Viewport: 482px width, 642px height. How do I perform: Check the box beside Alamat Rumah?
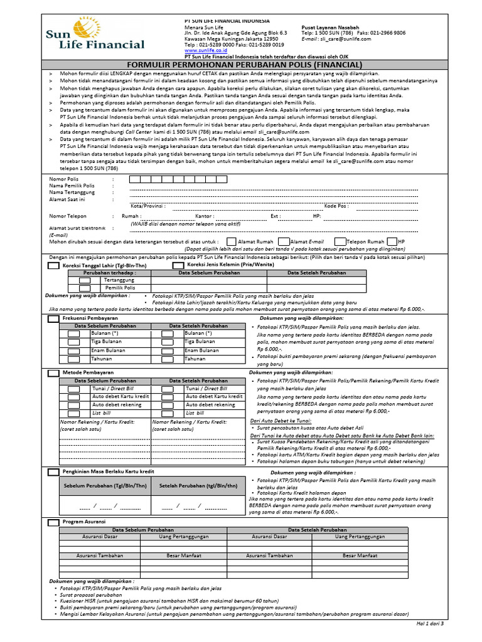[232, 241]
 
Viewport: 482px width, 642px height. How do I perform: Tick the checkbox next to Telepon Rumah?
[340, 241]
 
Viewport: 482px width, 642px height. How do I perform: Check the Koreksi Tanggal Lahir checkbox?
[54, 266]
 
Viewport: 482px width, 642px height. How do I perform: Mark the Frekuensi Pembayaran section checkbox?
[54, 319]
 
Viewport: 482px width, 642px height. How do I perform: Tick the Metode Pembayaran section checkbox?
[54, 372]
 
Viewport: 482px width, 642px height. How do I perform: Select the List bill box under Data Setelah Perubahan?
[168, 413]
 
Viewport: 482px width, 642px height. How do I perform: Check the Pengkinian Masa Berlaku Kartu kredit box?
[54, 470]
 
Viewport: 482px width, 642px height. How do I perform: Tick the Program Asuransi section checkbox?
[54, 522]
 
